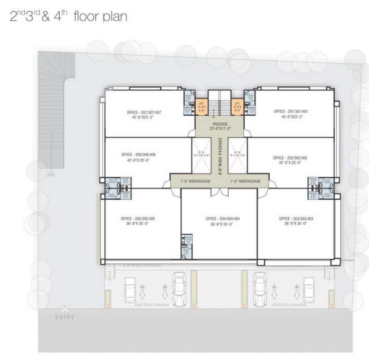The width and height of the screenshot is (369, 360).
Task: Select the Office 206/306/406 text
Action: (x=138, y=157)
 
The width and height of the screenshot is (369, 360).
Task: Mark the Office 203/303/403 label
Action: (x=295, y=221)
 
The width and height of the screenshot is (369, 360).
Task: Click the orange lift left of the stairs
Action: (x=202, y=106)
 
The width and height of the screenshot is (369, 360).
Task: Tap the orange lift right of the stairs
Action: (x=237, y=106)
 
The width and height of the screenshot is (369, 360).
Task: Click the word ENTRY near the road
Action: (x=64, y=317)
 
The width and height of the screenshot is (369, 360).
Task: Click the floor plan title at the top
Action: (x=68, y=18)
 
